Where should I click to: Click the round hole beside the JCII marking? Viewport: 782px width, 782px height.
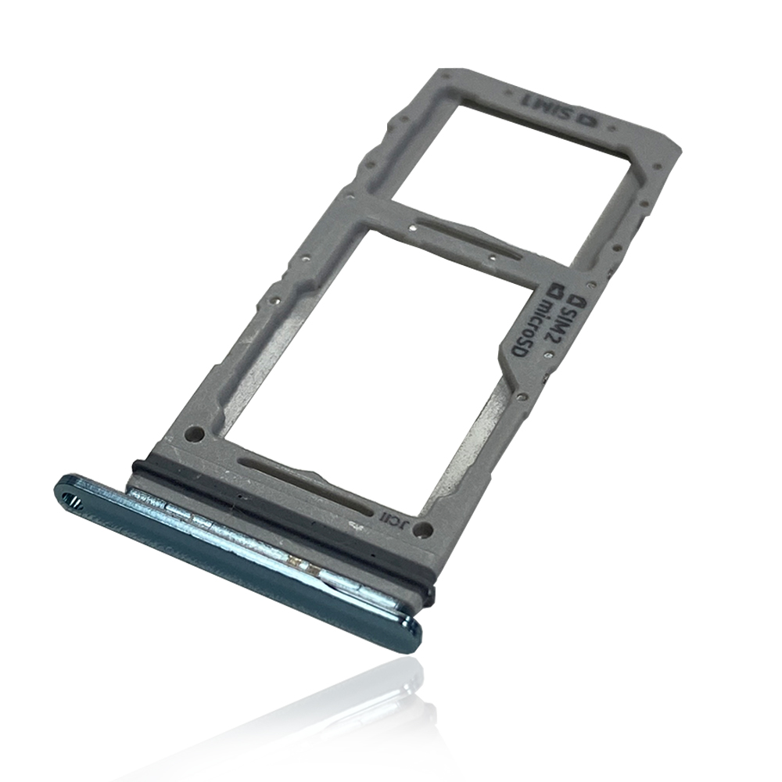423,529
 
